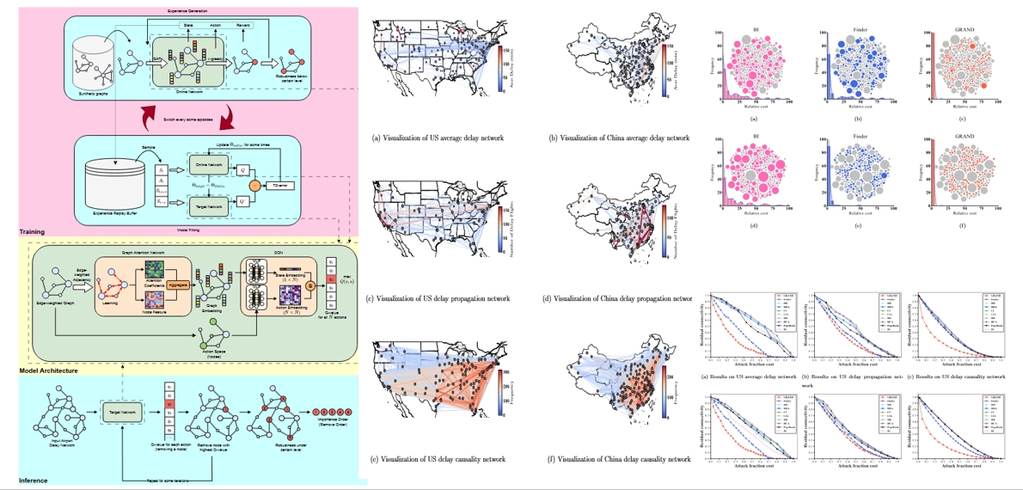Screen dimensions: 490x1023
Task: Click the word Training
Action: click(x=34, y=232)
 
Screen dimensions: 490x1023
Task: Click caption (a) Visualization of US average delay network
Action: click(x=438, y=138)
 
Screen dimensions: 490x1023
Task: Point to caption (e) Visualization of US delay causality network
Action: click(x=438, y=459)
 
